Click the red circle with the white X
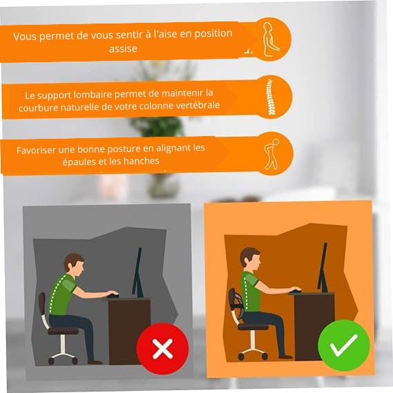(162, 349)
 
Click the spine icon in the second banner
(270, 97)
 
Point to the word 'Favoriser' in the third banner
(38, 148)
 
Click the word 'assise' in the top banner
(123, 49)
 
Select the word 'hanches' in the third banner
(138, 161)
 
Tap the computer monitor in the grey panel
(137, 273)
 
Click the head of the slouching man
(74, 263)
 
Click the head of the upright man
(249, 258)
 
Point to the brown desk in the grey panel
(129, 325)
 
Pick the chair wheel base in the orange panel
(252, 349)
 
